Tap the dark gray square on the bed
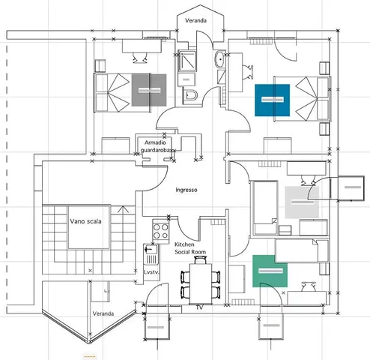pyautogui.click(x=149, y=90)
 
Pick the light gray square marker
pyautogui.click(x=302, y=202)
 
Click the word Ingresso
pyautogui.click(x=186, y=190)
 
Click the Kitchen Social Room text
pyautogui.click(x=190, y=249)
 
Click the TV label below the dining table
pyautogui.click(x=199, y=307)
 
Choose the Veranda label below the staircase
pyautogui.click(x=103, y=313)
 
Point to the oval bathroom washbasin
pyautogui.click(x=219, y=60)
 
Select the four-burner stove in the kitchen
pyautogui.click(x=160, y=230)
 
